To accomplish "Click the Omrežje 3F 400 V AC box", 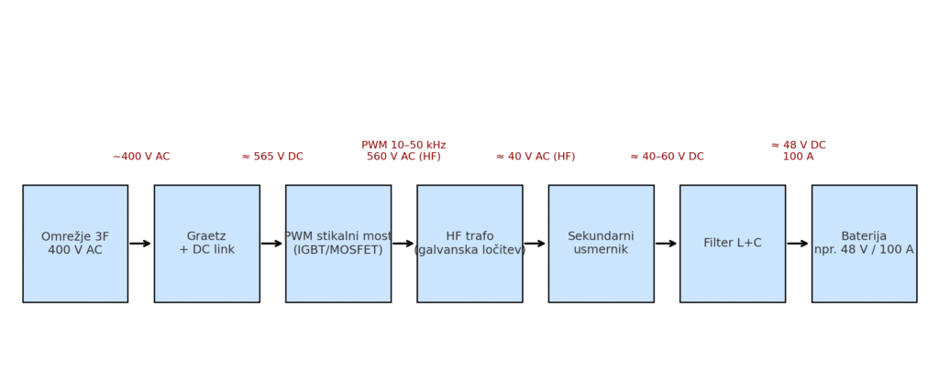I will point(75,244).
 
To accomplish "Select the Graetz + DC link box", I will point(206,244).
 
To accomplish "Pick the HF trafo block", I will point(469,244).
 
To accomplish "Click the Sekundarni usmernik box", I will point(601,244).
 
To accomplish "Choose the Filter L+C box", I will point(732,244).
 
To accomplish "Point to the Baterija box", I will point(864,244).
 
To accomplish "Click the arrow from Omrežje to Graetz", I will point(140,244).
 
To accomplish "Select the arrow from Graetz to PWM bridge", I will point(272,244).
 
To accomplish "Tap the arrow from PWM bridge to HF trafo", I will point(403,244).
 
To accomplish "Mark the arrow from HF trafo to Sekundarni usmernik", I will point(536,244).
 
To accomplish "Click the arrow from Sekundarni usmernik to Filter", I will point(667,244).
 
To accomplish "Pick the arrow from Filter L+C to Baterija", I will point(798,244).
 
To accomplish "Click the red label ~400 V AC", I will point(141,157).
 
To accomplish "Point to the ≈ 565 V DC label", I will point(272,157).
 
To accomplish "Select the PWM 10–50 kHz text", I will point(403,145).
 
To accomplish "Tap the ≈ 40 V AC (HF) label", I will point(536,157).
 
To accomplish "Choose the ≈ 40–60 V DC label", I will point(667,157).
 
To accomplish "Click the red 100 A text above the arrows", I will point(798,157).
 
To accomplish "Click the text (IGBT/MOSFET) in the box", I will point(338,250).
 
